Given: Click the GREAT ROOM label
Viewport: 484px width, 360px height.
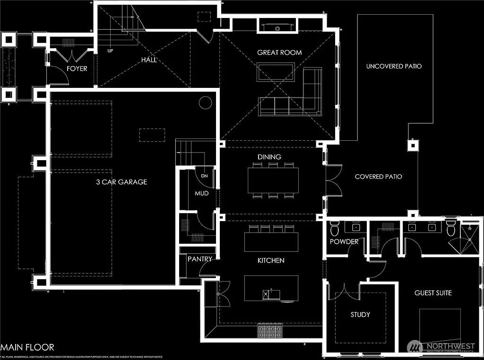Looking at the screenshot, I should [x=279, y=52].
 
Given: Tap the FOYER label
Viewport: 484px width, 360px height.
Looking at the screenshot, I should [x=77, y=69].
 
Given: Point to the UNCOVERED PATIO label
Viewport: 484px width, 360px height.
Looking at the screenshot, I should [x=394, y=66].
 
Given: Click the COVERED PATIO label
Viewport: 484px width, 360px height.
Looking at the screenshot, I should [x=379, y=177].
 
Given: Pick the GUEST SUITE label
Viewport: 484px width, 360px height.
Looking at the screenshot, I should [x=433, y=293].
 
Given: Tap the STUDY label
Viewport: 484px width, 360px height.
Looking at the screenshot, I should [x=360, y=315].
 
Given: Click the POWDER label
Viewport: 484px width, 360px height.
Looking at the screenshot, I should [x=344, y=242].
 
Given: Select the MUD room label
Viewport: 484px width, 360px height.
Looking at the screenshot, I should [x=202, y=193].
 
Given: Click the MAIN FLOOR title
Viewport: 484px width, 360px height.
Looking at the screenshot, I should [x=27, y=347].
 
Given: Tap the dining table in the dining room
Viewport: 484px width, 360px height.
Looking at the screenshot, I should [x=273, y=180].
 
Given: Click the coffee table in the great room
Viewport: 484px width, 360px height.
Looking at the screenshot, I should [x=276, y=72].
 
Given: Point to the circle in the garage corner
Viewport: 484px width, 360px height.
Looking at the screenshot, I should [x=205, y=103].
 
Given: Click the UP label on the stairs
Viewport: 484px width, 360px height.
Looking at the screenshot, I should [x=110, y=51].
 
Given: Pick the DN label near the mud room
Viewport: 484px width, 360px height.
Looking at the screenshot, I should [x=204, y=176].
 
